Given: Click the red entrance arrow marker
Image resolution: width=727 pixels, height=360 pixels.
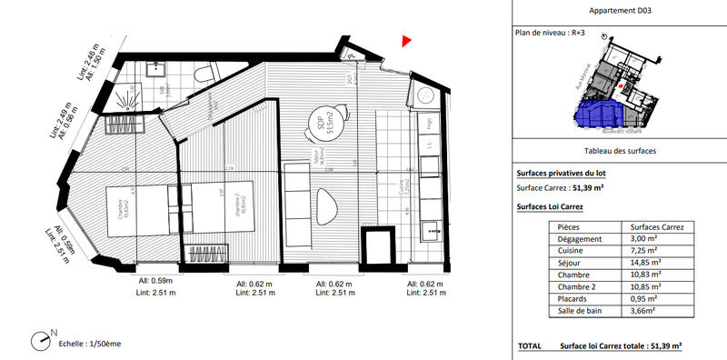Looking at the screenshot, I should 407,40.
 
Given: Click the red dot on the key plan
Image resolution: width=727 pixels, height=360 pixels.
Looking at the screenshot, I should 621,86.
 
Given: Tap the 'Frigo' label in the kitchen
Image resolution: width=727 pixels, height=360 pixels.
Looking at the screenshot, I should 424,123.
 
